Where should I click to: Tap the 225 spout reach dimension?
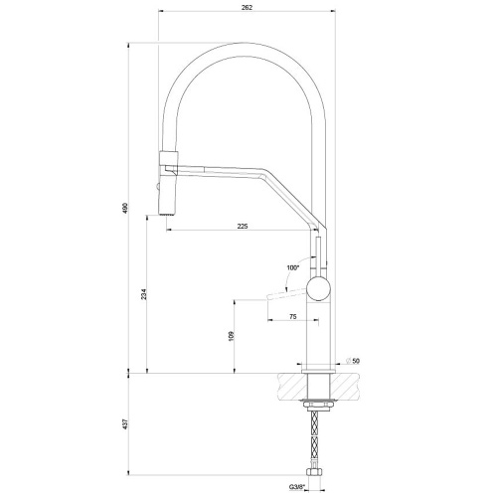pos(243,225)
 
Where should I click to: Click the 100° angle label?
pos(292,266)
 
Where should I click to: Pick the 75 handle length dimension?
pos(292,317)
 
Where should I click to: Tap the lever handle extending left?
pos(273,295)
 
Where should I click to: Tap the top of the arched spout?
pos(245,45)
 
